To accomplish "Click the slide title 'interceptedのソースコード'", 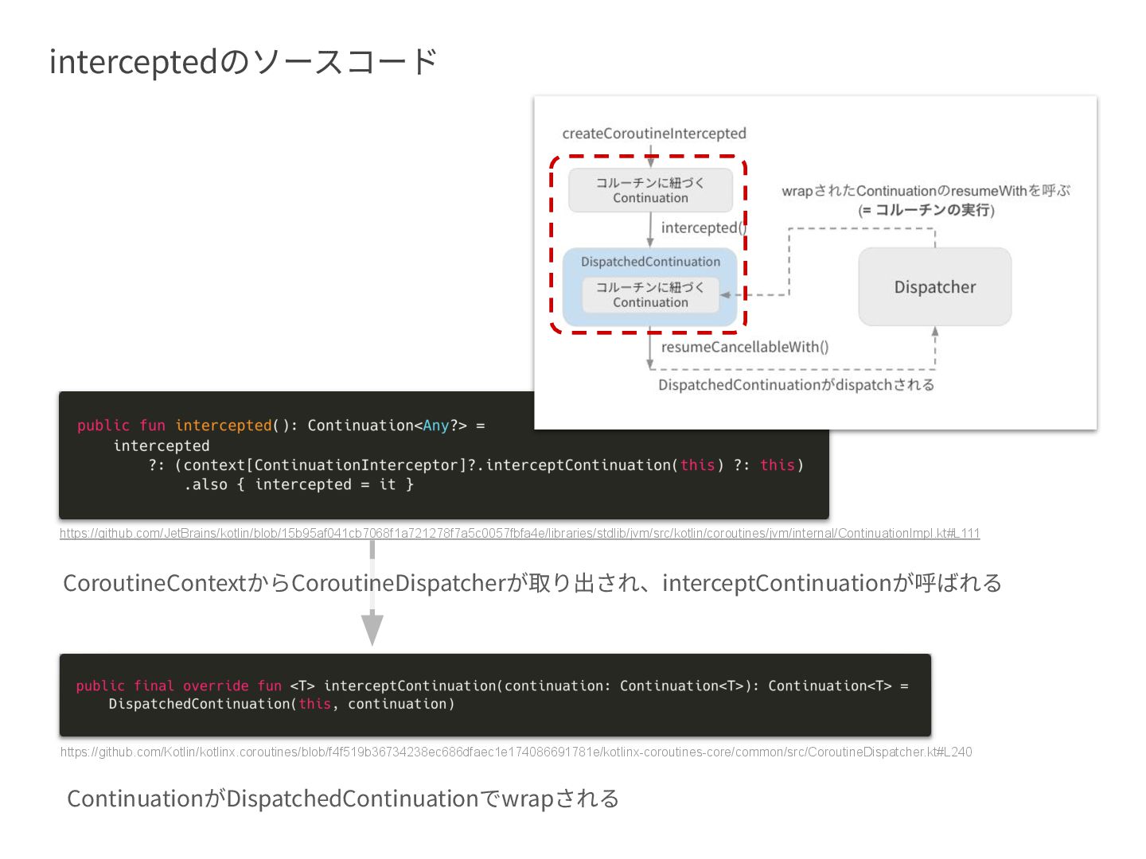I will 243,62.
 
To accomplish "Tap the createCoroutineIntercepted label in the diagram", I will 653,134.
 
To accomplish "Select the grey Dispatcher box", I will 934,286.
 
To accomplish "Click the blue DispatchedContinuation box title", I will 650,262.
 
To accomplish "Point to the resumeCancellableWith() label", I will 744,347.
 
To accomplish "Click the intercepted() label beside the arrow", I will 702,227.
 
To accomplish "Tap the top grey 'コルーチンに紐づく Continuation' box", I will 650,190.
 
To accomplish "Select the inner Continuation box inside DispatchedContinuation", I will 650,294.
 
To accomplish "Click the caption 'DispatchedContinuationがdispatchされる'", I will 796,385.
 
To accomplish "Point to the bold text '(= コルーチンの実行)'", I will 926,210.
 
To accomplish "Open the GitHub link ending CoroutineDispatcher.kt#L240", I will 516,752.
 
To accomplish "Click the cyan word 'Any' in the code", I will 435,426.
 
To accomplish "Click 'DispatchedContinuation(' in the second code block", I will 202,704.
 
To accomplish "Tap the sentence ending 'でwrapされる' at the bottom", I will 342,799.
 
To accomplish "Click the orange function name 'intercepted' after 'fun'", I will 223,426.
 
